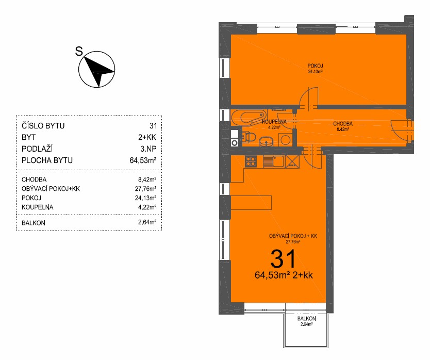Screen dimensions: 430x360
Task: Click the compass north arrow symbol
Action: tap(97, 69)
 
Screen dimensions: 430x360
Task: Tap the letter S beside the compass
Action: tap(79, 51)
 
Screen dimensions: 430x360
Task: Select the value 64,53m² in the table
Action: tap(143, 160)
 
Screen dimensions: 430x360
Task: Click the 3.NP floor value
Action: tap(148, 149)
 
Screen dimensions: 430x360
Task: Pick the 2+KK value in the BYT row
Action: tap(147, 137)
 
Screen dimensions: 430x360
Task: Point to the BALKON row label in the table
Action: tap(34, 223)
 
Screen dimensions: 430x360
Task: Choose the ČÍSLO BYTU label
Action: tap(43, 126)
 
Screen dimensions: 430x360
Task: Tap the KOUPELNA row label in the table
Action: tap(37, 207)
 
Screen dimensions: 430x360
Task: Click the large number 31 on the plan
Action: tap(283, 258)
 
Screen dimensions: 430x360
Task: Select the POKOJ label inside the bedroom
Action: tap(315, 66)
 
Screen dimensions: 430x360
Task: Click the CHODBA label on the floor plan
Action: tap(343, 124)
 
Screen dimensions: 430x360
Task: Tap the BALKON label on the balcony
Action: tap(307, 319)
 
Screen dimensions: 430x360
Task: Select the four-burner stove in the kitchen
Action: tap(251, 161)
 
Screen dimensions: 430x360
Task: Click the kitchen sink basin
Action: tap(278, 161)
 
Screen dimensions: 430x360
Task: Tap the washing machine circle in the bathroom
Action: tap(286, 140)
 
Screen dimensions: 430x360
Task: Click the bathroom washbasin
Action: tap(266, 142)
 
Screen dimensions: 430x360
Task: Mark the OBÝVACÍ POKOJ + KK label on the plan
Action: tap(293, 236)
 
